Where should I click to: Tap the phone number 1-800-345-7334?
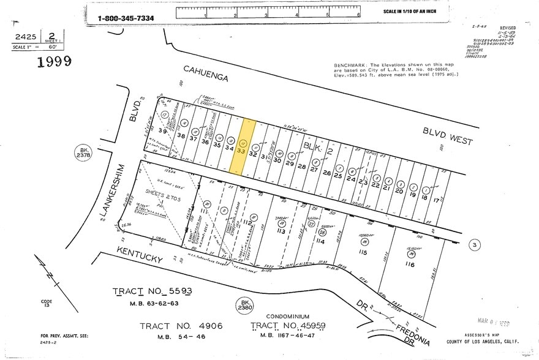[126, 18]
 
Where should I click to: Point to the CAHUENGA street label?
[205, 76]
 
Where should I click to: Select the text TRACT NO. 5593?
[153, 291]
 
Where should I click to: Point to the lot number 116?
[409, 264]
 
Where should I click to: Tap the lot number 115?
[363, 252]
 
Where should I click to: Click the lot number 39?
[162, 131]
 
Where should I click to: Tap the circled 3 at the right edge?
[473, 246]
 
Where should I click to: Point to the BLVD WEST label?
[448, 136]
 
